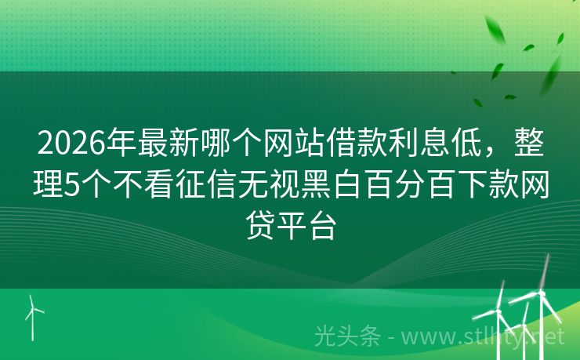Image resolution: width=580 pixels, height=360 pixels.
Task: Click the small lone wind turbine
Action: (34, 313)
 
